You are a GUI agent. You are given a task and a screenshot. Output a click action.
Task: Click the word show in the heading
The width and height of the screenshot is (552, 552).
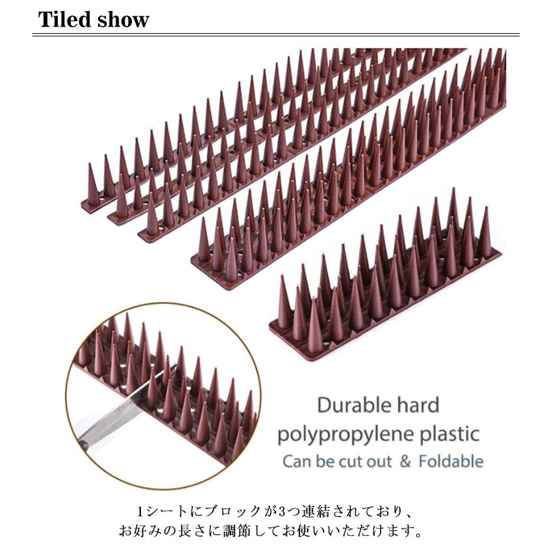123,19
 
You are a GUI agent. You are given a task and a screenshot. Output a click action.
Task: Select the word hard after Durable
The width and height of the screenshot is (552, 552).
418,405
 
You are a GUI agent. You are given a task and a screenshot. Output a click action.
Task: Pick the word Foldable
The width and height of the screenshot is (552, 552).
451,462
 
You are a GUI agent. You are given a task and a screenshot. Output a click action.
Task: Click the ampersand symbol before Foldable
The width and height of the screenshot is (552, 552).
405,462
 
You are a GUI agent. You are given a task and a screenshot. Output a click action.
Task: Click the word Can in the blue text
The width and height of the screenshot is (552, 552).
297,462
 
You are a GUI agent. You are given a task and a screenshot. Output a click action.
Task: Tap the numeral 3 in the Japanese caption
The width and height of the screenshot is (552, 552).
282,511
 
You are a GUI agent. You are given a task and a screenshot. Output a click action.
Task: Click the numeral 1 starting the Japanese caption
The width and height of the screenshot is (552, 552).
140,511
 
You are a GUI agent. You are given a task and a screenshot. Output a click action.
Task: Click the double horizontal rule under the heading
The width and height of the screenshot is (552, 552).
276,35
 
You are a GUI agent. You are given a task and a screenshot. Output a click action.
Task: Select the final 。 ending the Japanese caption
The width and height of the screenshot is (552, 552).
418,533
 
